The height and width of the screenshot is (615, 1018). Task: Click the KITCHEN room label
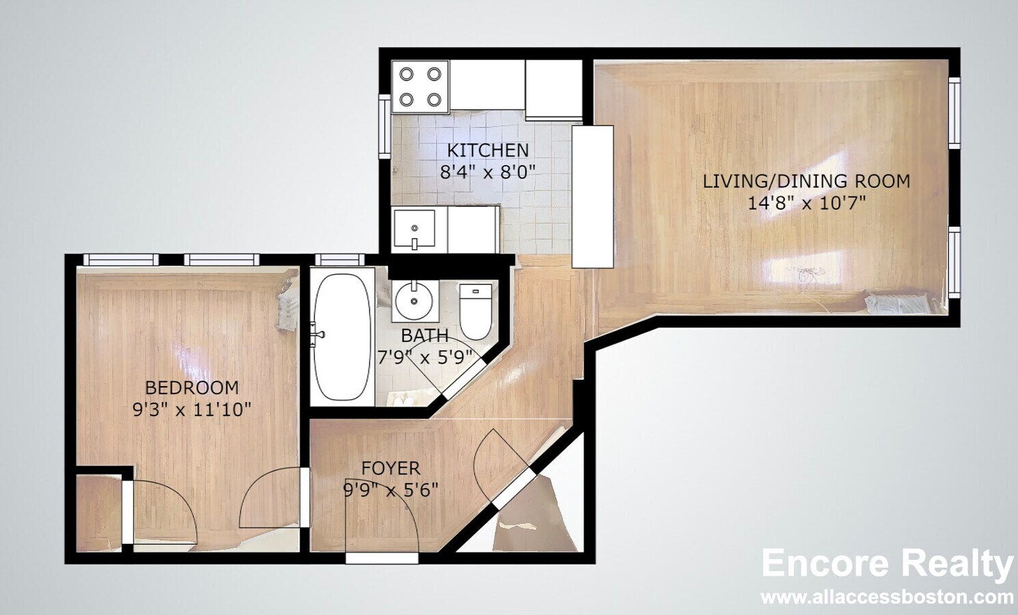[x=487, y=150]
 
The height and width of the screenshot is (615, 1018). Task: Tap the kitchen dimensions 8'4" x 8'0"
[x=487, y=171]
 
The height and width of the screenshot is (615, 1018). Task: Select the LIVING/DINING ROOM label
[x=806, y=181]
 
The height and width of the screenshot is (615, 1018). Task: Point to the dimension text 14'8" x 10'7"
[x=806, y=203]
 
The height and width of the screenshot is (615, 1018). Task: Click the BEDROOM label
[x=192, y=387]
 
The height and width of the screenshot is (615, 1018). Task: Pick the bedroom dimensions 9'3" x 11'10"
[x=192, y=410]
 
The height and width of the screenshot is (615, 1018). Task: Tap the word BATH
[x=424, y=336]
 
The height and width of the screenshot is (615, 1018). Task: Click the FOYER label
[x=390, y=468]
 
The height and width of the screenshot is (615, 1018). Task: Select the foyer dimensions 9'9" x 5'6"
[x=390, y=490]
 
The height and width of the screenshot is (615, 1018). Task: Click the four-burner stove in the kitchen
[x=419, y=87]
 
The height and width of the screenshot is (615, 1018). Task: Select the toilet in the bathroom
[x=476, y=311]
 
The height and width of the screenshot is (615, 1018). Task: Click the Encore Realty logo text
[x=887, y=564]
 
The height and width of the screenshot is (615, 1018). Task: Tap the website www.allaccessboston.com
[x=887, y=597]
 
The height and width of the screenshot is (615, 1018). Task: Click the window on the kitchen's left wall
[x=385, y=127]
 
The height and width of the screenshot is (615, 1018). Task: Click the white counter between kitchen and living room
[x=592, y=196]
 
